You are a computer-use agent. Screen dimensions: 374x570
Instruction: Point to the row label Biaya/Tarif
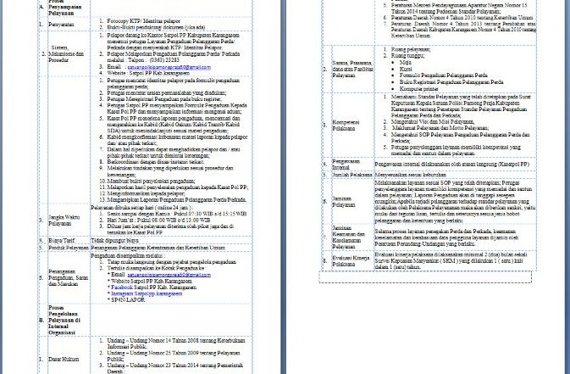(x=60, y=241)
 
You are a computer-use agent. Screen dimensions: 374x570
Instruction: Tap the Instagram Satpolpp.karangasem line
(x=145, y=293)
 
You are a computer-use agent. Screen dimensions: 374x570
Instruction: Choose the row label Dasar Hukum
(x=64, y=359)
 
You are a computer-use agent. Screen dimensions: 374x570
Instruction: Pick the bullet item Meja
(x=407, y=62)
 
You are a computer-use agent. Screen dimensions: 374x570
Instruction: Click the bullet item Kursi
(x=407, y=69)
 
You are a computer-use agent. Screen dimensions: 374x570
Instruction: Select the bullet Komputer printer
(x=419, y=88)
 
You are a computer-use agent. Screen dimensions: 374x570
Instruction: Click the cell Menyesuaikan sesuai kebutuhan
(x=410, y=175)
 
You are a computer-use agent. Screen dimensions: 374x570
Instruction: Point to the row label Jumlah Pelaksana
(x=351, y=175)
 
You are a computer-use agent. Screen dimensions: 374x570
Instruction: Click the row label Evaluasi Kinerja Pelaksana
(x=351, y=260)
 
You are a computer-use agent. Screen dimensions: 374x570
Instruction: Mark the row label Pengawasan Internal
(x=346, y=164)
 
